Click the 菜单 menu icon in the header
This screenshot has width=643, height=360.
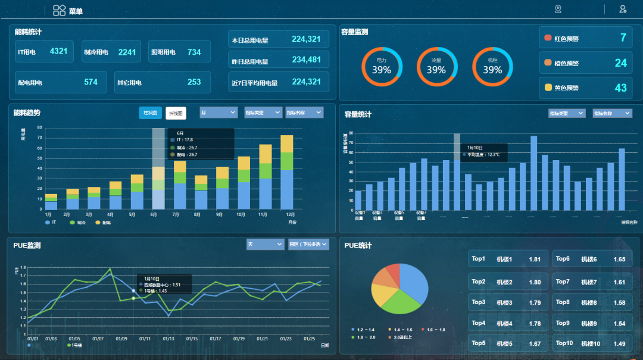(60, 10)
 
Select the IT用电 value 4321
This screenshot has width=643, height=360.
(58, 52)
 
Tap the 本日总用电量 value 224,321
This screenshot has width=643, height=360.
(306, 40)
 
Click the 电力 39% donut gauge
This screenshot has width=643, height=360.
(382, 67)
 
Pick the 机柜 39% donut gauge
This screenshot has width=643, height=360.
(492, 67)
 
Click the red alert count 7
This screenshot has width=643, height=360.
(623, 39)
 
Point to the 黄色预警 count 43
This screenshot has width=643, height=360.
(620, 87)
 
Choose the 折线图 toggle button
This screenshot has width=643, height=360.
(176, 113)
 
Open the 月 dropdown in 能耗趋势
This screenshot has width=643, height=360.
(218, 112)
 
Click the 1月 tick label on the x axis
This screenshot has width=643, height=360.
(48, 214)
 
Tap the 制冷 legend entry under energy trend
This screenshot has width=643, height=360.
(79, 223)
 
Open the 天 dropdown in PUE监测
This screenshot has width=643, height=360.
(265, 245)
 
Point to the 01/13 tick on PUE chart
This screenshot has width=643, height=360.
(168, 339)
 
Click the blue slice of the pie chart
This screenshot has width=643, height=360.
(413, 281)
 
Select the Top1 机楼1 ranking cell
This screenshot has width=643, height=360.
(507, 259)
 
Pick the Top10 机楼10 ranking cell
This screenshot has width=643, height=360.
(592, 343)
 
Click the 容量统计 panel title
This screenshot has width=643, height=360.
(358, 114)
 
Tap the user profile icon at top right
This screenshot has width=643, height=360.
(623, 9)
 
